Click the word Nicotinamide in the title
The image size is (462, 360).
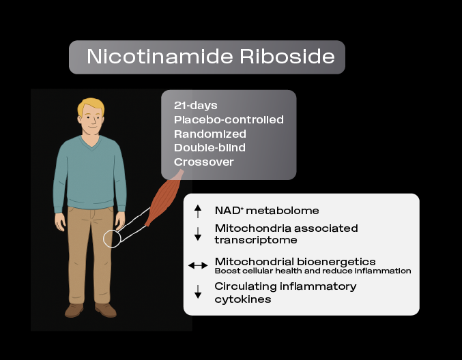pos(160,56)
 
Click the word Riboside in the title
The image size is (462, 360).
pos(287,56)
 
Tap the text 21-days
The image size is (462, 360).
pos(196,106)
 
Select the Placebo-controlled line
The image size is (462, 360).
pos(229,119)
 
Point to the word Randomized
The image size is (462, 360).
pos(210,134)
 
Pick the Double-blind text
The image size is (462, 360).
pos(210,147)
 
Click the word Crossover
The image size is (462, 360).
pos(203,162)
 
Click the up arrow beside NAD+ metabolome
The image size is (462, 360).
pos(198,211)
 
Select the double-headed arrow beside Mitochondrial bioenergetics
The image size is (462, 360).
pos(198,265)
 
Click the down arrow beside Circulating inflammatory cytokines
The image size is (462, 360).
pos(198,292)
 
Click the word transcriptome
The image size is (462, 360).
pos(256,240)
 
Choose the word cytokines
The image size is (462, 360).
pos(243,299)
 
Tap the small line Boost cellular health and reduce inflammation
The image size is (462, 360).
pos(313,271)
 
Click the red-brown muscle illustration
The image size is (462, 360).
pos(164,198)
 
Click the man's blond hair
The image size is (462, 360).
pos(91,106)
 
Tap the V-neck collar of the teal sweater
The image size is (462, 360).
pos(92,143)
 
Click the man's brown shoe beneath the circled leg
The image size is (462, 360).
pos(106,310)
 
